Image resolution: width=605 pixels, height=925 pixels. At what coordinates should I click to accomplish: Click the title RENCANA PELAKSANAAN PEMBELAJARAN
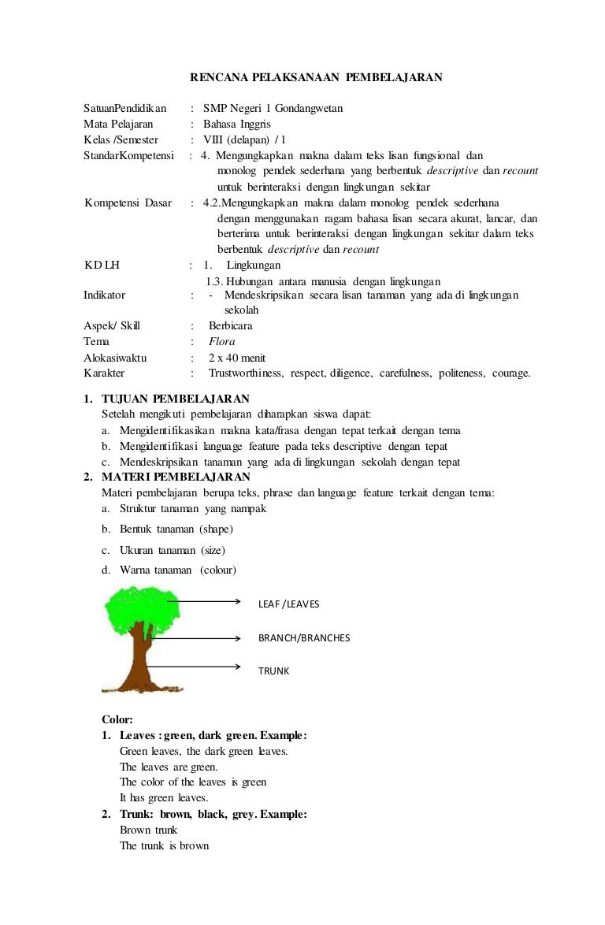(x=317, y=77)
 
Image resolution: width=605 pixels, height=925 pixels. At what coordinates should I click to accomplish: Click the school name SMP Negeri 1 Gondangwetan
(x=273, y=108)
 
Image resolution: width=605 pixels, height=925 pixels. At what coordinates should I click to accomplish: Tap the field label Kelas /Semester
(x=121, y=139)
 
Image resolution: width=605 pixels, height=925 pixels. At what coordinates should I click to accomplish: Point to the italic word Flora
(x=221, y=342)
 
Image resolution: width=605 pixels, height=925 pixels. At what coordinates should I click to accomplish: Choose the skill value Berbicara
(x=231, y=326)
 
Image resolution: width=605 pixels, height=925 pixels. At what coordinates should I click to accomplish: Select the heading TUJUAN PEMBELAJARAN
(x=176, y=399)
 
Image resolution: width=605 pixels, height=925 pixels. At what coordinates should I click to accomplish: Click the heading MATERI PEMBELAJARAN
(x=176, y=477)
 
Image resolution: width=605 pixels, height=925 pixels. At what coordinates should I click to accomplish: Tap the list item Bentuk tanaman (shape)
(x=176, y=529)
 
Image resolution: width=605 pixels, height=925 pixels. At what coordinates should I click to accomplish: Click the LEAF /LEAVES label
(x=288, y=604)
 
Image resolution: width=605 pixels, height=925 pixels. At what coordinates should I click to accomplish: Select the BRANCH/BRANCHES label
(x=304, y=637)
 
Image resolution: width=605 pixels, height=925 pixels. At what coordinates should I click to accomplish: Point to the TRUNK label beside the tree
(x=273, y=671)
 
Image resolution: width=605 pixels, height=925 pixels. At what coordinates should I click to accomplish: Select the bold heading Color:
(x=117, y=719)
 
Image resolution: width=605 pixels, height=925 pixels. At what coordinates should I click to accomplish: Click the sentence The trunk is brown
(x=164, y=845)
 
